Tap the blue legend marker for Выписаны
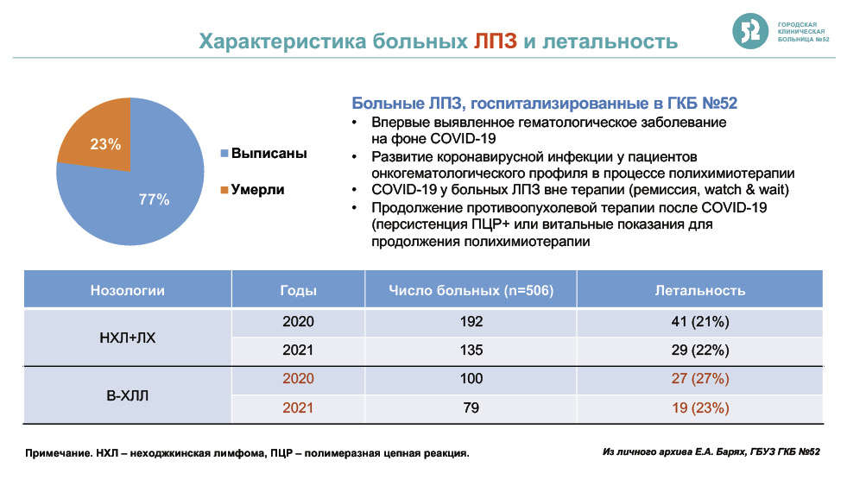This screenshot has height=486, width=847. [x=224, y=154]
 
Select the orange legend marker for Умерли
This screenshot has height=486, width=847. [x=224, y=190]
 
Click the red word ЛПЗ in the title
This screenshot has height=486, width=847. [x=496, y=41]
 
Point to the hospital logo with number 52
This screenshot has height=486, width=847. [x=750, y=31]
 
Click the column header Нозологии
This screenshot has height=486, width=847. [x=128, y=291]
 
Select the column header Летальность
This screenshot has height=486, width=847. [x=700, y=291]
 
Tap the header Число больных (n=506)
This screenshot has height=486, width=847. [x=471, y=291]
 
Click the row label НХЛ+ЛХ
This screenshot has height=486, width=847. [x=128, y=338]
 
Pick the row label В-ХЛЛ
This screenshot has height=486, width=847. [x=128, y=396]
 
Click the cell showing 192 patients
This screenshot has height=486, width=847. [x=471, y=322]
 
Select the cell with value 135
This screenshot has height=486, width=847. [x=471, y=350]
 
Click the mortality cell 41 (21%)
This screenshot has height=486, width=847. [x=700, y=322]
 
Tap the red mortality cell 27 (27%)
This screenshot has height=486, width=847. [x=700, y=379]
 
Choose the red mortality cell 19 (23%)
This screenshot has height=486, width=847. [x=700, y=407]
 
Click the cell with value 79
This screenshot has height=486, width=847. [x=471, y=407]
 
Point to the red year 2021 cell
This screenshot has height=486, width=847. [x=298, y=407]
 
